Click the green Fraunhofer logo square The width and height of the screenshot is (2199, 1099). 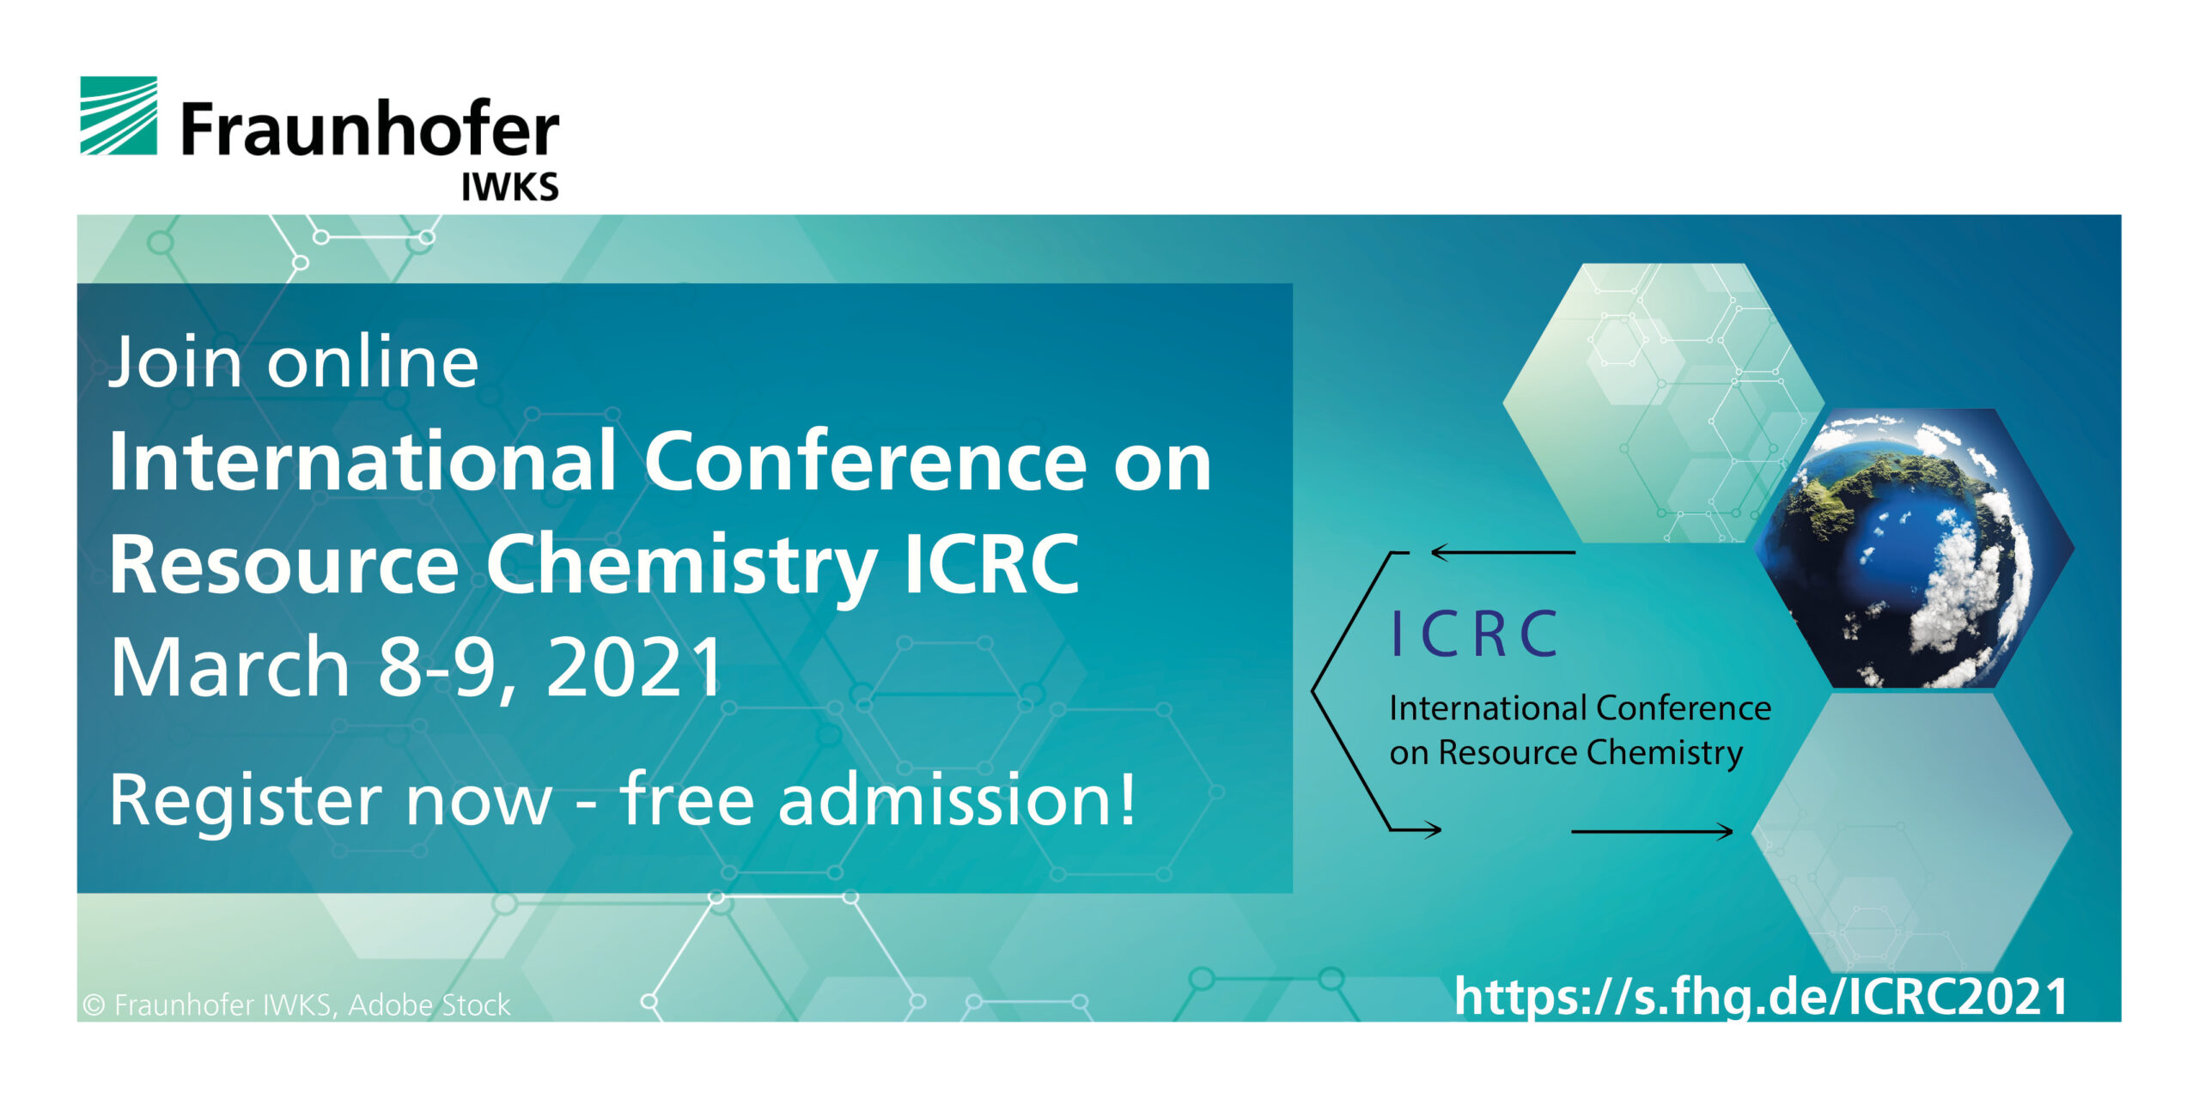tap(119, 116)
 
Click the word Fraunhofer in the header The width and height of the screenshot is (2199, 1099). tap(370, 129)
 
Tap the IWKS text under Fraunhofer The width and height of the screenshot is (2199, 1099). tap(510, 186)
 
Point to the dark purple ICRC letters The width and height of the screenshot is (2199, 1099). tap(1474, 635)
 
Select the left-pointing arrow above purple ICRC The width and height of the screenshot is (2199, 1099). tap(1503, 553)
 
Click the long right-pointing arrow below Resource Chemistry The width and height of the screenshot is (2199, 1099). tap(1652, 831)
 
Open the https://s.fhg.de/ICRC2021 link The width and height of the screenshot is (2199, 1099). tap(1761, 998)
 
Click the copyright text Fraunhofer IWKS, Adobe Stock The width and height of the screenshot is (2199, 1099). tap(296, 1005)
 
